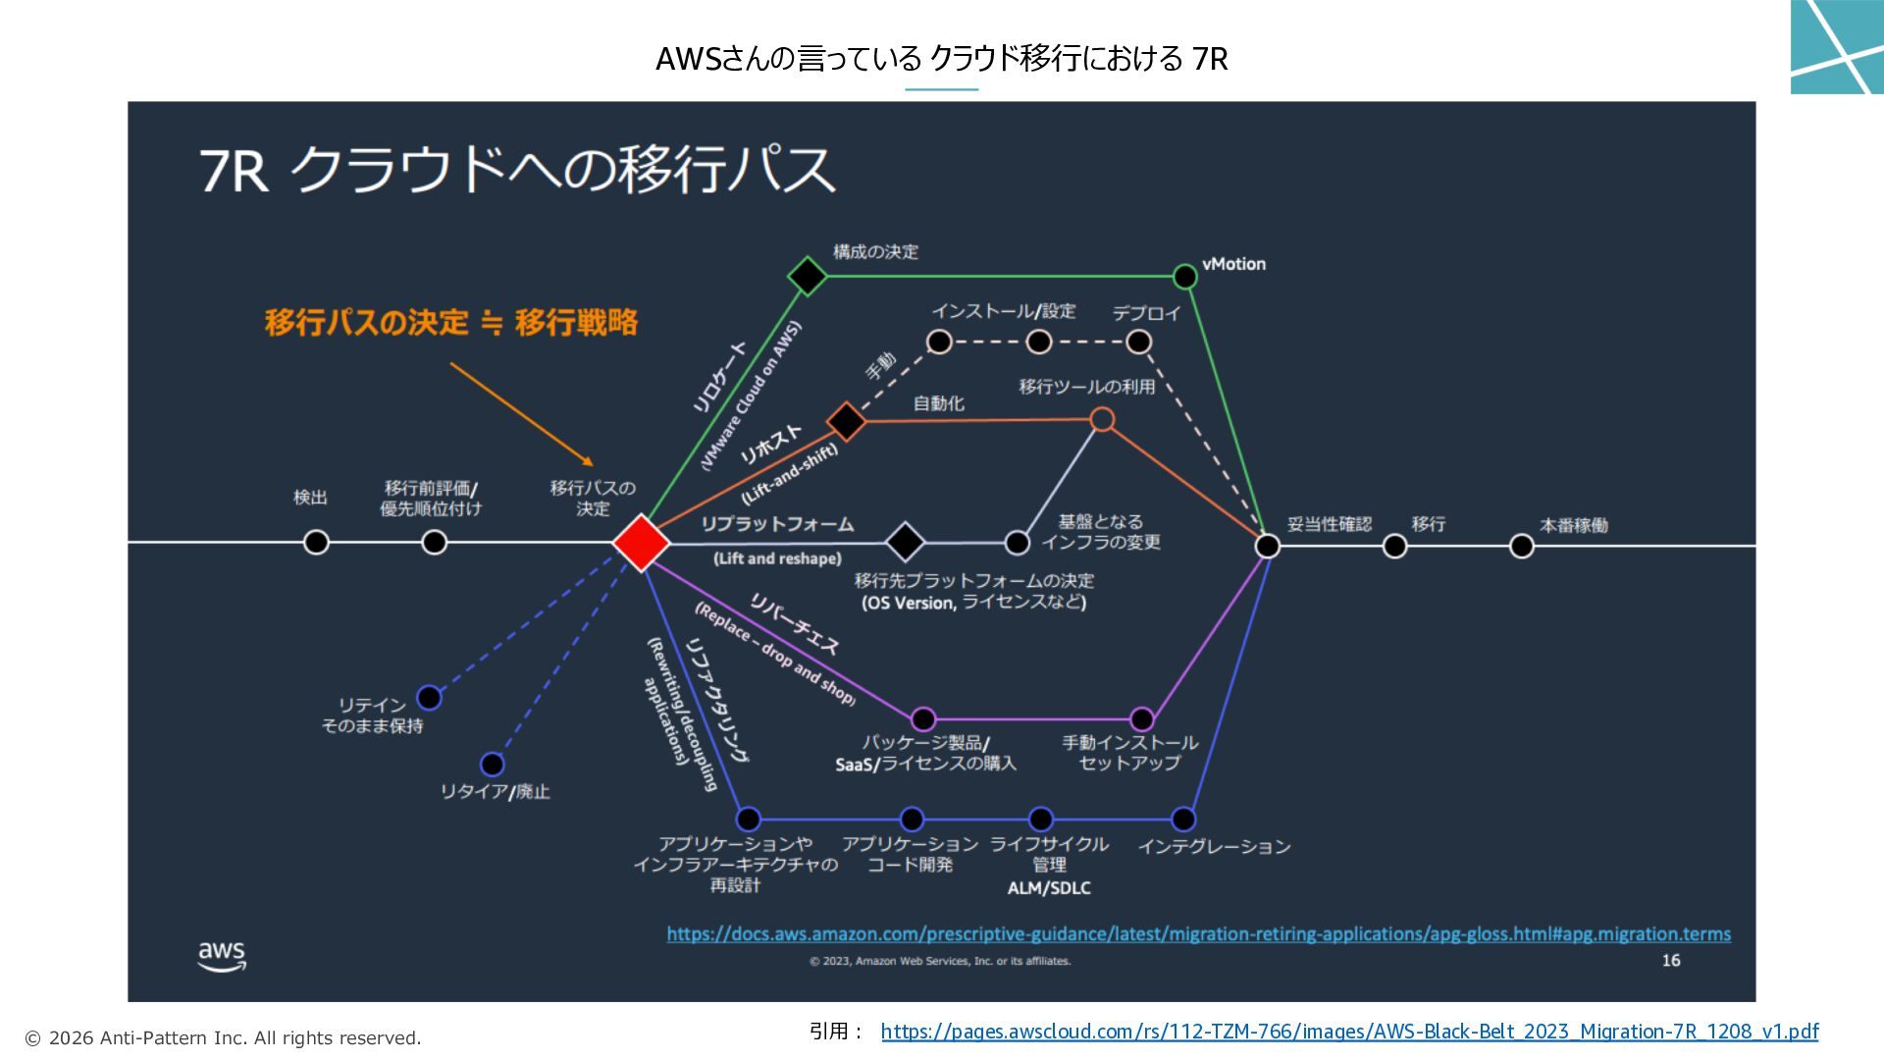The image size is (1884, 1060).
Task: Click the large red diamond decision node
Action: (641, 542)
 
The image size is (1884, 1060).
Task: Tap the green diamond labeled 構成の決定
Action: (807, 276)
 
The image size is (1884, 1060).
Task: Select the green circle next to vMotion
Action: (1184, 277)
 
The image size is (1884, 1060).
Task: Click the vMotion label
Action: (1233, 264)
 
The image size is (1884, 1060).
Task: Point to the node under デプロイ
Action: (1138, 342)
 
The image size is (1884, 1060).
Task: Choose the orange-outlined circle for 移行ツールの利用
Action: (1102, 420)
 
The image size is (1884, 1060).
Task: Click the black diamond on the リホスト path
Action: (846, 421)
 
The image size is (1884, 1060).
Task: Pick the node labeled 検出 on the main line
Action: (316, 542)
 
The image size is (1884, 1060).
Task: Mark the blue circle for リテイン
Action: (429, 698)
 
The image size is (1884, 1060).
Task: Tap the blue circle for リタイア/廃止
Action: (492, 764)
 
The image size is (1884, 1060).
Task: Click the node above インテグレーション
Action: (1183, 819)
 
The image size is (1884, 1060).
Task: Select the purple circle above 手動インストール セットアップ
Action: (1141, 719)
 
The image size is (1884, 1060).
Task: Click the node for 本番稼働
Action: (1521, 546)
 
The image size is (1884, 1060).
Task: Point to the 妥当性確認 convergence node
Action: (1267, 546)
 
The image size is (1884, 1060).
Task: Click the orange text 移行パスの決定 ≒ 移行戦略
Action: (450, 322)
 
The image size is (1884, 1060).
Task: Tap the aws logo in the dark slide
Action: (222, 955)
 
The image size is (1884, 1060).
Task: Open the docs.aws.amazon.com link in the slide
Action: (1198, 933)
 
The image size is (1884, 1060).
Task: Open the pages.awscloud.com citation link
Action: (1349, 1032)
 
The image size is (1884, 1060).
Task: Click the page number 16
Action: (1670, 960)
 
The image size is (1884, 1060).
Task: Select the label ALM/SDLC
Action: (1048, 888)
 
